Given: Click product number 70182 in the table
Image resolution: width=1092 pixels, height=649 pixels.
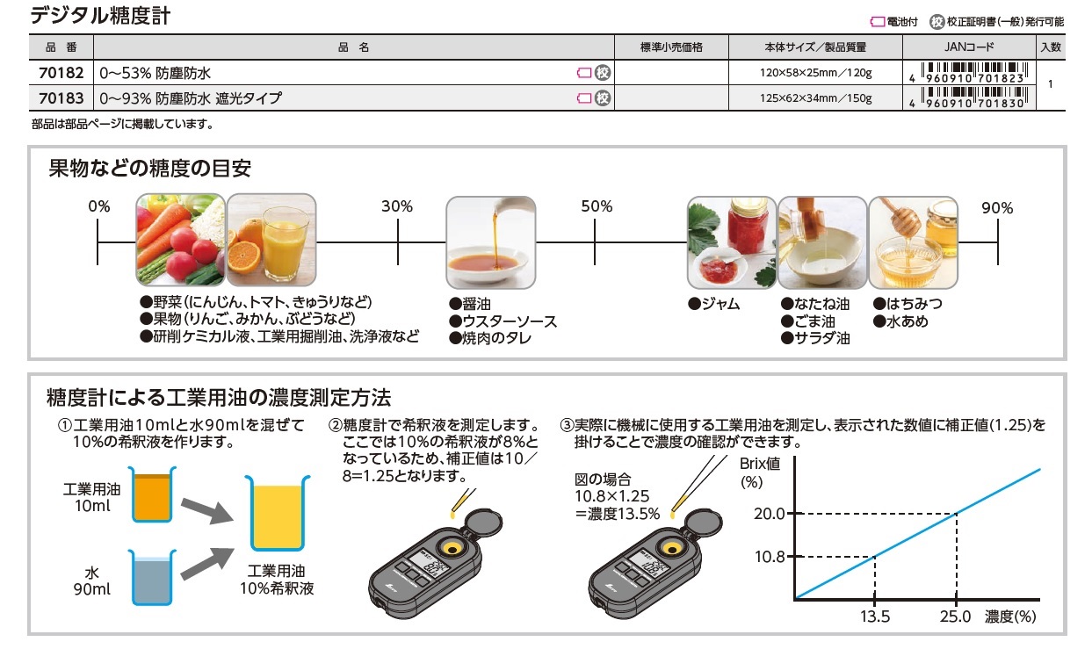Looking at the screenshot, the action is tap(61, 73).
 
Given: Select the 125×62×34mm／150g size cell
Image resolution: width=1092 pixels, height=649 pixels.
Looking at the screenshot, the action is tap(815, 98).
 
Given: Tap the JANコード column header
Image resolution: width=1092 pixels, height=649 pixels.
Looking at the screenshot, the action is tap(969, 47).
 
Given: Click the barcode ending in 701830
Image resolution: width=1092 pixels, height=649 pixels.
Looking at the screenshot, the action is tap(974, 97).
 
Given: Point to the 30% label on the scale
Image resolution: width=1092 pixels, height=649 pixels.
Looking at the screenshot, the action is tap(397, 206).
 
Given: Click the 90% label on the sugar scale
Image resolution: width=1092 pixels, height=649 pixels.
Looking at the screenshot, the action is tap(997, 208).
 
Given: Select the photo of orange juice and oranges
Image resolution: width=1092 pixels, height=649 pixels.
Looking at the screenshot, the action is tap(271, 239).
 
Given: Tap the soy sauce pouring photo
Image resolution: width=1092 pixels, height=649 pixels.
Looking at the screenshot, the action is tap(491, 242).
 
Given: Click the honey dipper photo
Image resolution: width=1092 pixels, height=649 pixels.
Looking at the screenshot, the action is tap(913, 242).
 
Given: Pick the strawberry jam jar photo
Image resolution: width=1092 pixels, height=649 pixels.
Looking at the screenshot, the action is tap(732, 242).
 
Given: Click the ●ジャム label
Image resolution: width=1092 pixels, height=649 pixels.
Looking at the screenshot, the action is tap(713, 304).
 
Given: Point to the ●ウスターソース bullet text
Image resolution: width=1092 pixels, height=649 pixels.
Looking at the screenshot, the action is tap(503, 321).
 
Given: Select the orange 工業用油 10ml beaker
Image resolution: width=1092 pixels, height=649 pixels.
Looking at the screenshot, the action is tap(152, 494).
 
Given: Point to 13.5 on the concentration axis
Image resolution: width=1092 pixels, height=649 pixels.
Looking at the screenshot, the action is tap(875, 617).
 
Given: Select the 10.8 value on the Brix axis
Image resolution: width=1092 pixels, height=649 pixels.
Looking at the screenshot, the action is tap(770, 557).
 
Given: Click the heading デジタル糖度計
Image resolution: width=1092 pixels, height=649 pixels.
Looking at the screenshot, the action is tap(100, 16).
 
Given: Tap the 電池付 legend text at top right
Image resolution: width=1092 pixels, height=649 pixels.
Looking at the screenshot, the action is tap(902, 22).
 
